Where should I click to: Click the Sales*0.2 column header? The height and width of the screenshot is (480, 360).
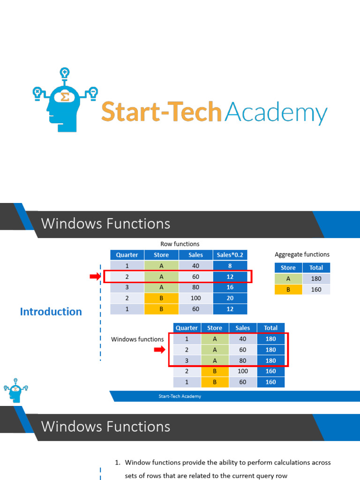(230, 255)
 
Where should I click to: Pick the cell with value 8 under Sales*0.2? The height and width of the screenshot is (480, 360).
(230, 266)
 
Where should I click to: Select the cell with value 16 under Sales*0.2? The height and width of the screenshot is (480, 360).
(230, 287)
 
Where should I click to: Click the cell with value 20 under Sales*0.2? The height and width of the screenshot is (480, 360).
(230, 298)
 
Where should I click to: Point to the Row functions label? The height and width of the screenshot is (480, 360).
(180, 244)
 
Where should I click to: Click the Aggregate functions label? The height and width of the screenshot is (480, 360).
(302, 255)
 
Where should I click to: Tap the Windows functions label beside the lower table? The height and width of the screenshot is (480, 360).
(137, 339)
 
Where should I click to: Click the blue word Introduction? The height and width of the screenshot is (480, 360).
(51, 312)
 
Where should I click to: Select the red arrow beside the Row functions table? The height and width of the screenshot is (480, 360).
(95, 277)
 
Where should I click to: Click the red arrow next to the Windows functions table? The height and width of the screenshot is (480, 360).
(160, 350)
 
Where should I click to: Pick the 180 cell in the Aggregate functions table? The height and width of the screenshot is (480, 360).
(316, 278)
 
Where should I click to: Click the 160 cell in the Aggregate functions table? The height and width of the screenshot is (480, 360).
(316, 289)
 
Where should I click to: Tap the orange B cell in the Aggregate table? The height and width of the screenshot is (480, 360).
(288, 289)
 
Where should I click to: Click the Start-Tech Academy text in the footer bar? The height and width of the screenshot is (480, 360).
(180, 397)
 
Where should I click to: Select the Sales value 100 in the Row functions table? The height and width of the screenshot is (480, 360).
(195, 298)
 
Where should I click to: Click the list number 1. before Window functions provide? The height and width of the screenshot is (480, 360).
(118, 462)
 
